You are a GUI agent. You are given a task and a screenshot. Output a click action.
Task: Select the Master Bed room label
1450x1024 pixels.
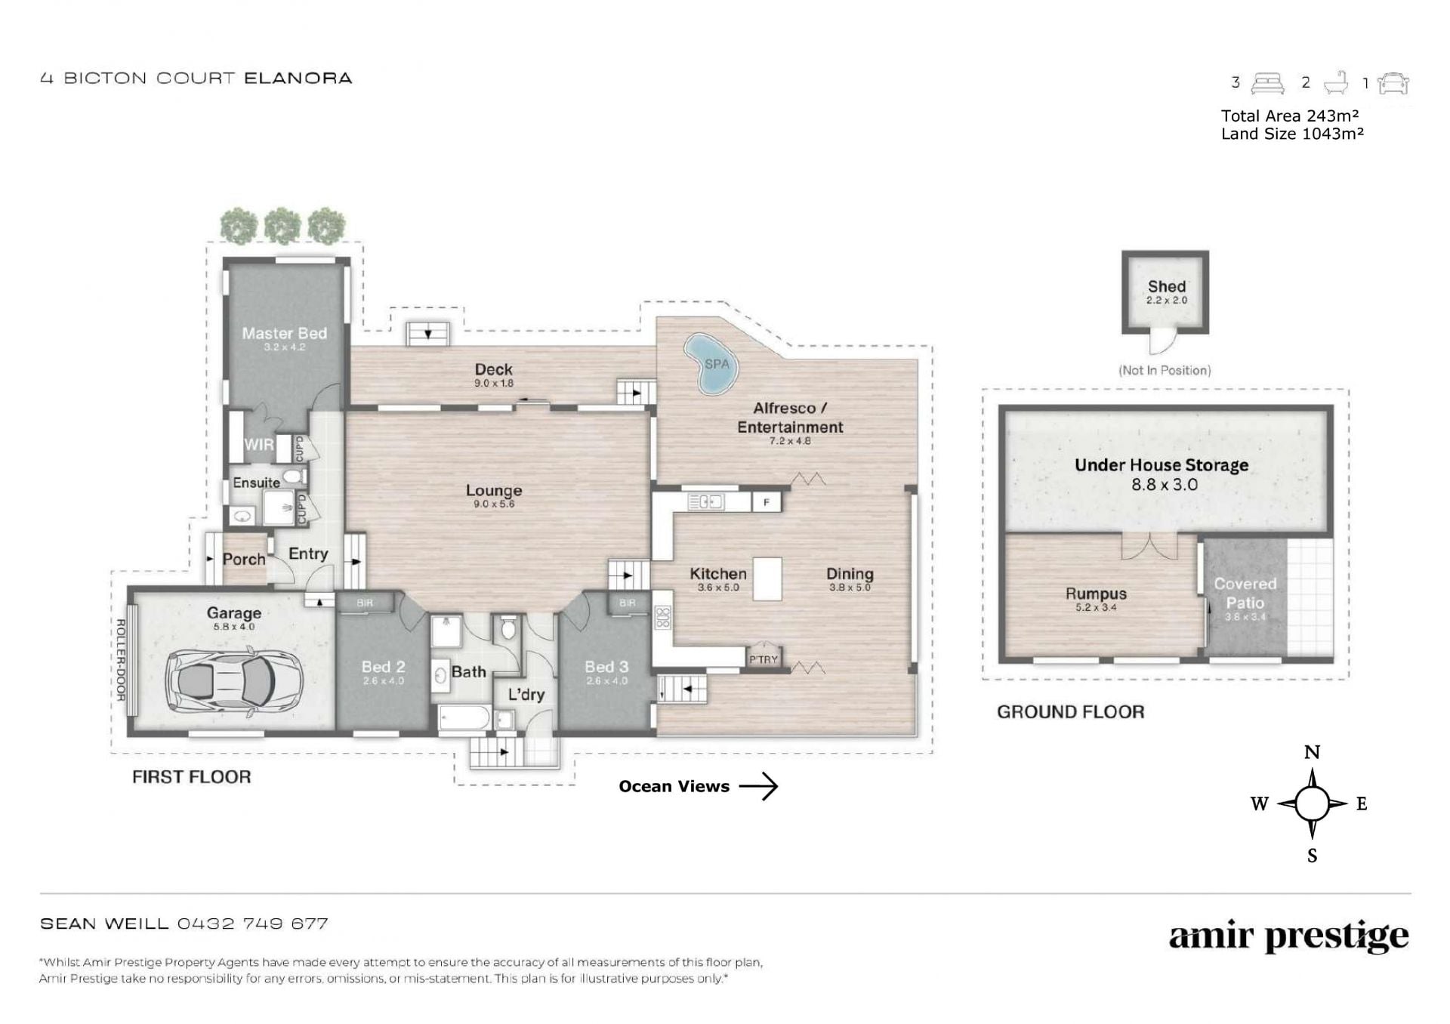click(284, 333)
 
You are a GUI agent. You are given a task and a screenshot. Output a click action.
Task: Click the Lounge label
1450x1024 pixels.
click(494, 490)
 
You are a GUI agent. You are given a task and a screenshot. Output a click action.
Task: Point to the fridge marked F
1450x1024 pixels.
click(766, 502)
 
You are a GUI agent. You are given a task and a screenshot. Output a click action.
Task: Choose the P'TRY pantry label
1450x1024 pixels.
click(764, 659)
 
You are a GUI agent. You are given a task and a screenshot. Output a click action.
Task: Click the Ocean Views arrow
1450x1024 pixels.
click(758, 786)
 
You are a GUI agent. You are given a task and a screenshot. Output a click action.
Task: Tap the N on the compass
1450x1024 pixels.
click(1312, 752)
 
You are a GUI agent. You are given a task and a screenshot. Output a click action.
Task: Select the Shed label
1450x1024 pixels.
click(1166, 286)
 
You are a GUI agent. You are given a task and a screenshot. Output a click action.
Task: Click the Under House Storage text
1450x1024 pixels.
click(1162, 465)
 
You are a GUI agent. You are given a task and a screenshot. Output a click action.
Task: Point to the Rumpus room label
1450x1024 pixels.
click(1096, 594)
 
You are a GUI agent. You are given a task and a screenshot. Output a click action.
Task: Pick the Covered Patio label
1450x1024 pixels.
click(1245, 594)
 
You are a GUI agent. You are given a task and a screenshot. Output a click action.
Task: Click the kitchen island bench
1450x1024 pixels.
click(767, 578)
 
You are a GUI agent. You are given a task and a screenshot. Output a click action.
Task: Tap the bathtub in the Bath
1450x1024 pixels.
click(464, 719)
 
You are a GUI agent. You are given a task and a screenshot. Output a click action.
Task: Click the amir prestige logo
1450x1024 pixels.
click(1288, 938)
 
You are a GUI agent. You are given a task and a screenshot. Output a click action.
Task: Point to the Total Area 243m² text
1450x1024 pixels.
click(1290, 116)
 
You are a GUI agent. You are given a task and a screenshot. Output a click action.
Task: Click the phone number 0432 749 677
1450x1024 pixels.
click(253, 924)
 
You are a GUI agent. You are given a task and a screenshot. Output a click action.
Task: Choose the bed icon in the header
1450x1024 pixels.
click(1267, 83)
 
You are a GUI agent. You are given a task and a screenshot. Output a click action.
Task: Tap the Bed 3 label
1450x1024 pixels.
click(606, 667)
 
